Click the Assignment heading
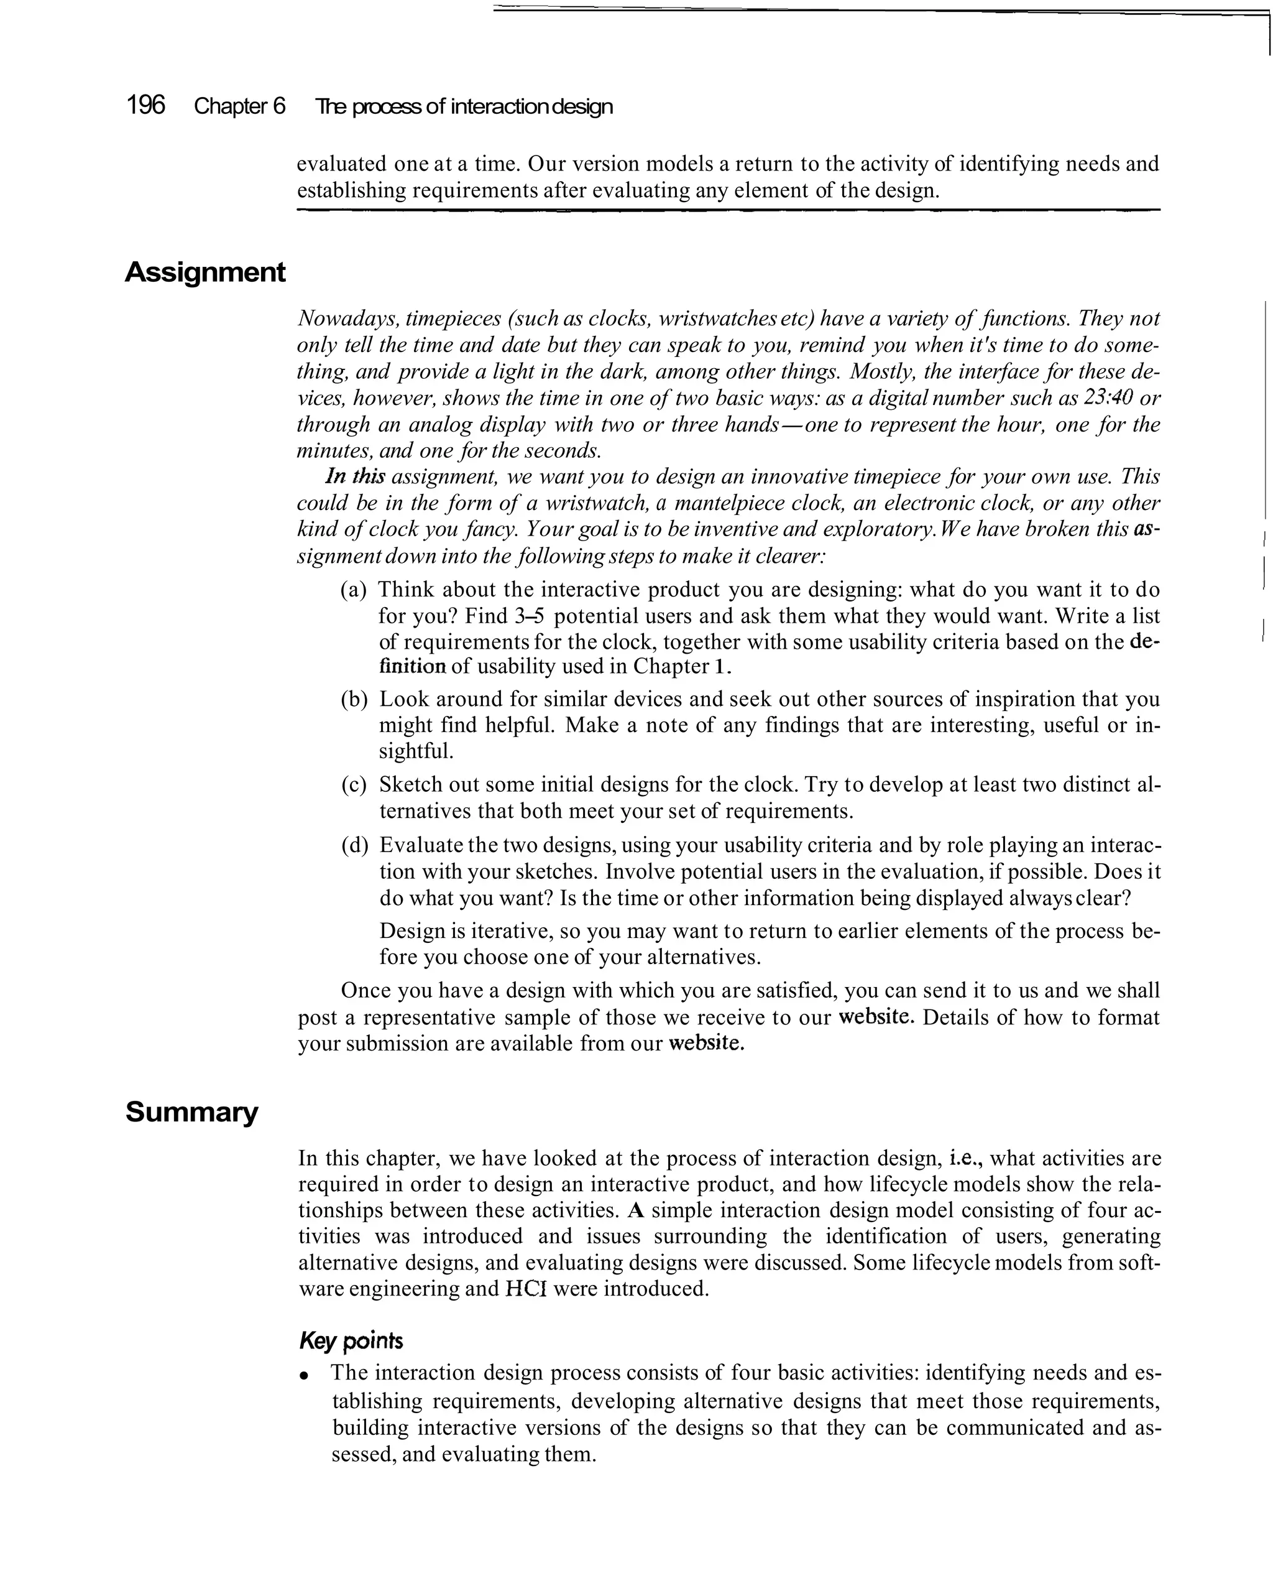(x=205, y=272)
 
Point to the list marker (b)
(x=354, y=699)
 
